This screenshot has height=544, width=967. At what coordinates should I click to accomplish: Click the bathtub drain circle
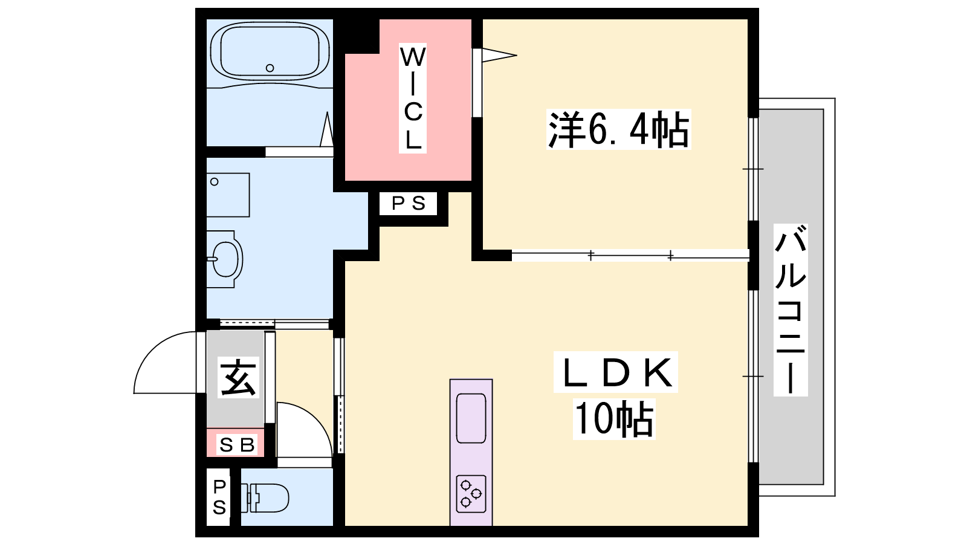270,68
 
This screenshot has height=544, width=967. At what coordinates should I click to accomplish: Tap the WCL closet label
413,99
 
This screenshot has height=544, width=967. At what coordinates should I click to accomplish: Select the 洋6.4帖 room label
618,129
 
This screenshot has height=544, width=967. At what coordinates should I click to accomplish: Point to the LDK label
616,372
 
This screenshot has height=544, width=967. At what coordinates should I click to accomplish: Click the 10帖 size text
614,418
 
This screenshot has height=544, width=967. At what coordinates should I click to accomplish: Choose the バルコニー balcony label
791,310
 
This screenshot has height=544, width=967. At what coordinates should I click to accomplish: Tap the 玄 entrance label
238,378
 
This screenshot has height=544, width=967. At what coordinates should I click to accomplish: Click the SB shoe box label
236,445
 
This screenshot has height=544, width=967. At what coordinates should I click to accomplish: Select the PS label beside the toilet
219,498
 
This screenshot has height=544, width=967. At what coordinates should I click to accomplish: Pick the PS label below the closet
409,203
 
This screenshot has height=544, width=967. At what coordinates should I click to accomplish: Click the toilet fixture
264,498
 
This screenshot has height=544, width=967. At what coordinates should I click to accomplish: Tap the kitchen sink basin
471,418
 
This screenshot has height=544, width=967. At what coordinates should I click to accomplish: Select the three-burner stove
471,494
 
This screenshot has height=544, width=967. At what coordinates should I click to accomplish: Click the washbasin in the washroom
224,259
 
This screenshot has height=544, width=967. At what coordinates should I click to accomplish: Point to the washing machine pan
228,195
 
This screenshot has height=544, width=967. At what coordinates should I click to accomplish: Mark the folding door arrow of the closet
499,55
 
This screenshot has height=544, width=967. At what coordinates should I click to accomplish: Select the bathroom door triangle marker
327,129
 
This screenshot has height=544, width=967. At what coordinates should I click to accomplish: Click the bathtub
270,51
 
